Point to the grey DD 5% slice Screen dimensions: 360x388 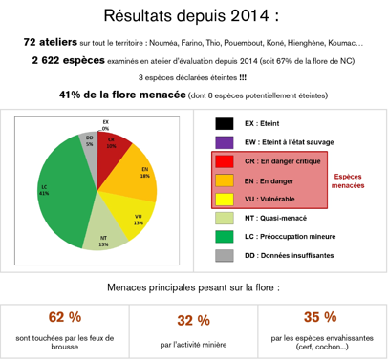pyautogui.click(x=89, y=144)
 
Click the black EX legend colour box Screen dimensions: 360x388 pyautogui.click(x=225, y=124)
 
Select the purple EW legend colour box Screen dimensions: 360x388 pyautogui.click(x=225, y=142)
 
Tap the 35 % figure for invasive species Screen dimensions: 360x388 pyautogui.click(x=320, y=317)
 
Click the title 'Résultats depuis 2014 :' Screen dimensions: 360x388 pyautogui.click(x=194, y=16)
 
